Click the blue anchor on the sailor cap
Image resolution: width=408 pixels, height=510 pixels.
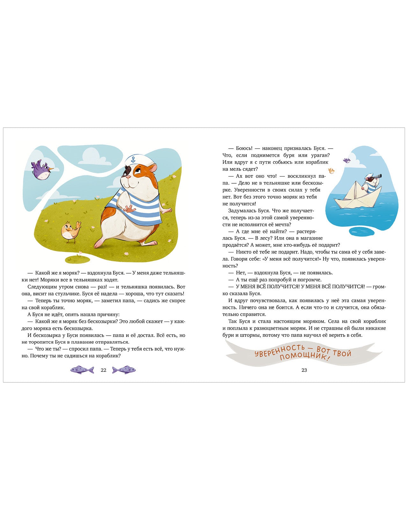(133, 159)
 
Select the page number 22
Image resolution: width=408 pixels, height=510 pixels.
(103, 370)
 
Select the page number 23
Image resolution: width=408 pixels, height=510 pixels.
(304, 370)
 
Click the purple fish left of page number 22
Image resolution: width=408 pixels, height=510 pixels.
(82, 370)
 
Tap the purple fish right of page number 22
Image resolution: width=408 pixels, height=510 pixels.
(124, 370)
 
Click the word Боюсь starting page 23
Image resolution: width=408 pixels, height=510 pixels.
(244, 148)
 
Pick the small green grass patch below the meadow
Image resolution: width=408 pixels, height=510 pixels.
(77, 259)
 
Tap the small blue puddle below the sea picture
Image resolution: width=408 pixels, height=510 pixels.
(362, 231)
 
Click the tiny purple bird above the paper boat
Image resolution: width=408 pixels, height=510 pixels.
(346, 160)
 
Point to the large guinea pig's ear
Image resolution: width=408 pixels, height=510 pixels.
(154, 168)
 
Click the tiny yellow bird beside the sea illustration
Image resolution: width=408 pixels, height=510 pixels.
(331, 171)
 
